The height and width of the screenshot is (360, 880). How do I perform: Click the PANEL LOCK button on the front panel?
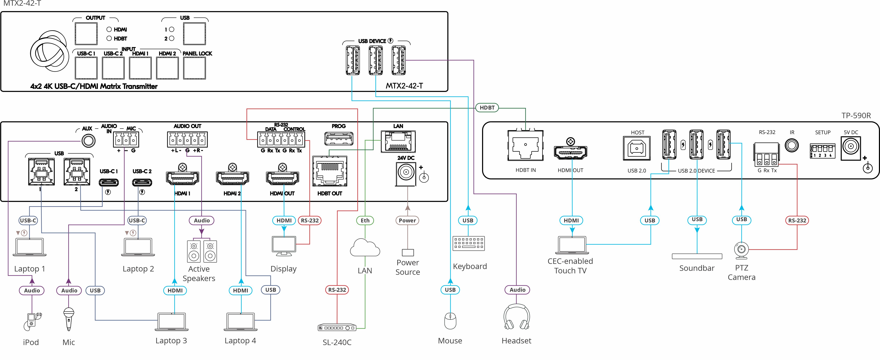click(194, 68)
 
